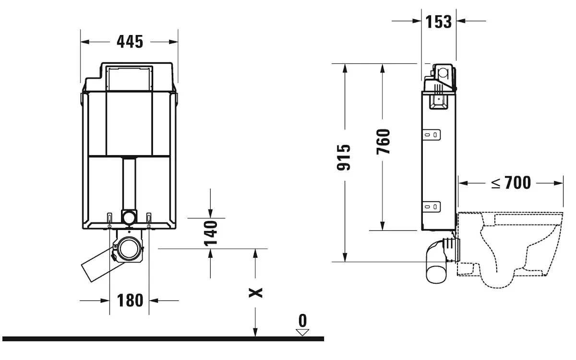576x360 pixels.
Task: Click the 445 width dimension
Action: click(x=130, y=42)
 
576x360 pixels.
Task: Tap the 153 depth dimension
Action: click(x=439, y=22)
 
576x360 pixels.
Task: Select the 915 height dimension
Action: click(x=344, y=157)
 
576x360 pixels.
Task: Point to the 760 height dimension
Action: click(x=384, y=142)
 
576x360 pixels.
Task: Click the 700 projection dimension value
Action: click(x=517, y=183)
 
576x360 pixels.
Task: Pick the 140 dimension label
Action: click(x=211, y=233)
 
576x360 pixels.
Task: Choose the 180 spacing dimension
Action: click(x=130, y=300)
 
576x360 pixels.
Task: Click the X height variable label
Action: click(x=255, y=293)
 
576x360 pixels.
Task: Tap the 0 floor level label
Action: click(x=303, y=321)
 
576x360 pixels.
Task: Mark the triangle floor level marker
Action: click(x=302, y=332)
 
